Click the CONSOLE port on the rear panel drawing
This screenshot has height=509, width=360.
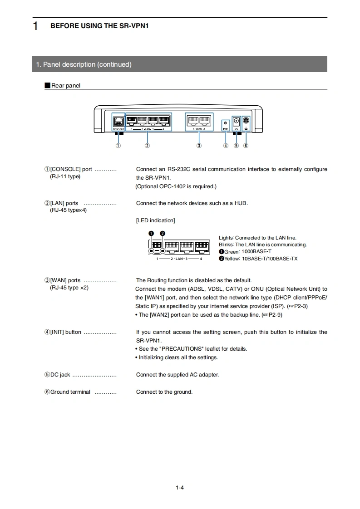118,122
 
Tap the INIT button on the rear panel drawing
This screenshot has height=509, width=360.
226,122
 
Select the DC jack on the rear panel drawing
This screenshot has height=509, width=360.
236,121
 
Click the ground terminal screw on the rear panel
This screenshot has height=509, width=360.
246,121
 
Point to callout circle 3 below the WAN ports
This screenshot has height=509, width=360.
199,146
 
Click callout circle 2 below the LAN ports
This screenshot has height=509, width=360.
147,146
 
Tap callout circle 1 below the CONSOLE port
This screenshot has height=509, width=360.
118,146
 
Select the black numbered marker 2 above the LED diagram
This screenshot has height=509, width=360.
163,234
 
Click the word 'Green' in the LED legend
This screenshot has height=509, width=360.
232,252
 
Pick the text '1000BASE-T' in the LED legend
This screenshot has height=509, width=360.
256,252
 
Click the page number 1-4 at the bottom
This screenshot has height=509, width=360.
180,488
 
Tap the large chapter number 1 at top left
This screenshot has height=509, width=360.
35,26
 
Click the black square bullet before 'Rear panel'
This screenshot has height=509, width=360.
47,85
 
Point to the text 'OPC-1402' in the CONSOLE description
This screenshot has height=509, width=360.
171,186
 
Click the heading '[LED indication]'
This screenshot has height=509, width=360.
155,220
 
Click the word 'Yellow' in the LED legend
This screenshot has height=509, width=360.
232,259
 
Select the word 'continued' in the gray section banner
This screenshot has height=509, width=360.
114,64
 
